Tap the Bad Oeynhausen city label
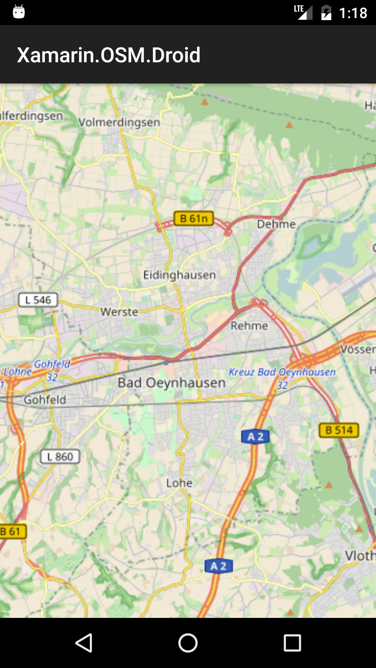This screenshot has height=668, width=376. [x=172, y=383]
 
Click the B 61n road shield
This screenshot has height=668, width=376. [x=194, y=218]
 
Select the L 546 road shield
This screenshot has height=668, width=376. [x=38, y=300]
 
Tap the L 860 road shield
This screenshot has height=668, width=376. [x=60, y=456]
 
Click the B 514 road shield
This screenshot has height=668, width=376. [x=339, y=430]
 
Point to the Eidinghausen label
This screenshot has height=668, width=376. [x=179, y=275]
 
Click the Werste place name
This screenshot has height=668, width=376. [x=119, y=312]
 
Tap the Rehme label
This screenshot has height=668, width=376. [x=249, y=326]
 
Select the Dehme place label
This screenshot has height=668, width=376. [x=276, y=224]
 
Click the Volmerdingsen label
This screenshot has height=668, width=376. [x=119, y=122]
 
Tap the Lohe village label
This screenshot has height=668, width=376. [x=179, y=483]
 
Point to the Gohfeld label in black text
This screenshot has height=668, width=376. [x=45, y=400]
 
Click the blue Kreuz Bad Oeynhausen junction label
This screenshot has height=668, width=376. [x=282, y=372]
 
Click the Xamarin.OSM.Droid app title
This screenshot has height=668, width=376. [x=109, y=55]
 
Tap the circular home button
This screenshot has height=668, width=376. [x=188, y=643]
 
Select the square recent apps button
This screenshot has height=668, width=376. [x=292, y=643]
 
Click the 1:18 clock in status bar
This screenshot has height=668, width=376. [x=353, y=13]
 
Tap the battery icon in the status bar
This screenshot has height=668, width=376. [x=326, y=13]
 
